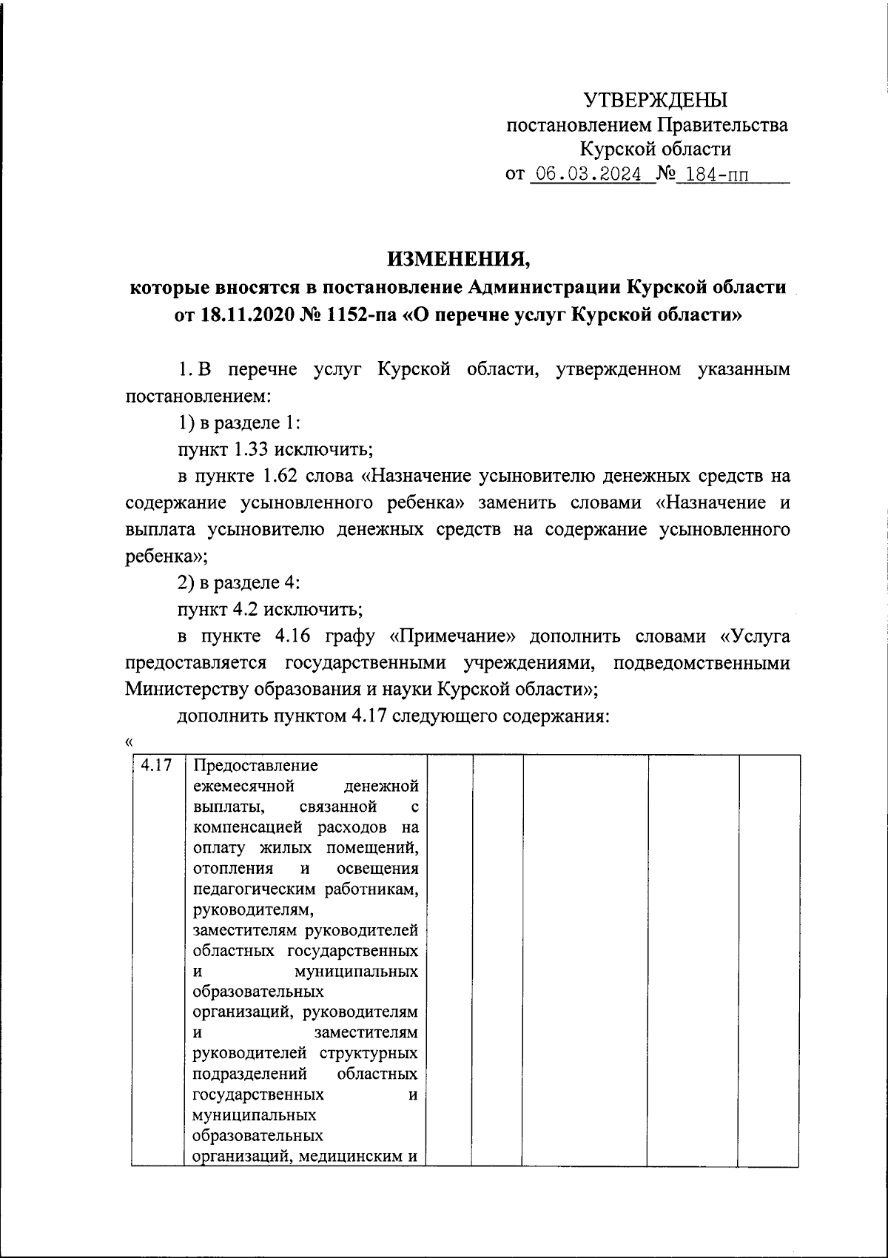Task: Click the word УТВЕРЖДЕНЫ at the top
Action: click(x=656, y=100)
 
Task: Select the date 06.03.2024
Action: click(x=589, y=175)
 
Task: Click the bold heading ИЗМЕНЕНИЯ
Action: click(x=459, y=259)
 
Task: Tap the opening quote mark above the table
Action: click(x=129, y=742)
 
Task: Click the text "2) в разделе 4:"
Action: click(x=238, y=582)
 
